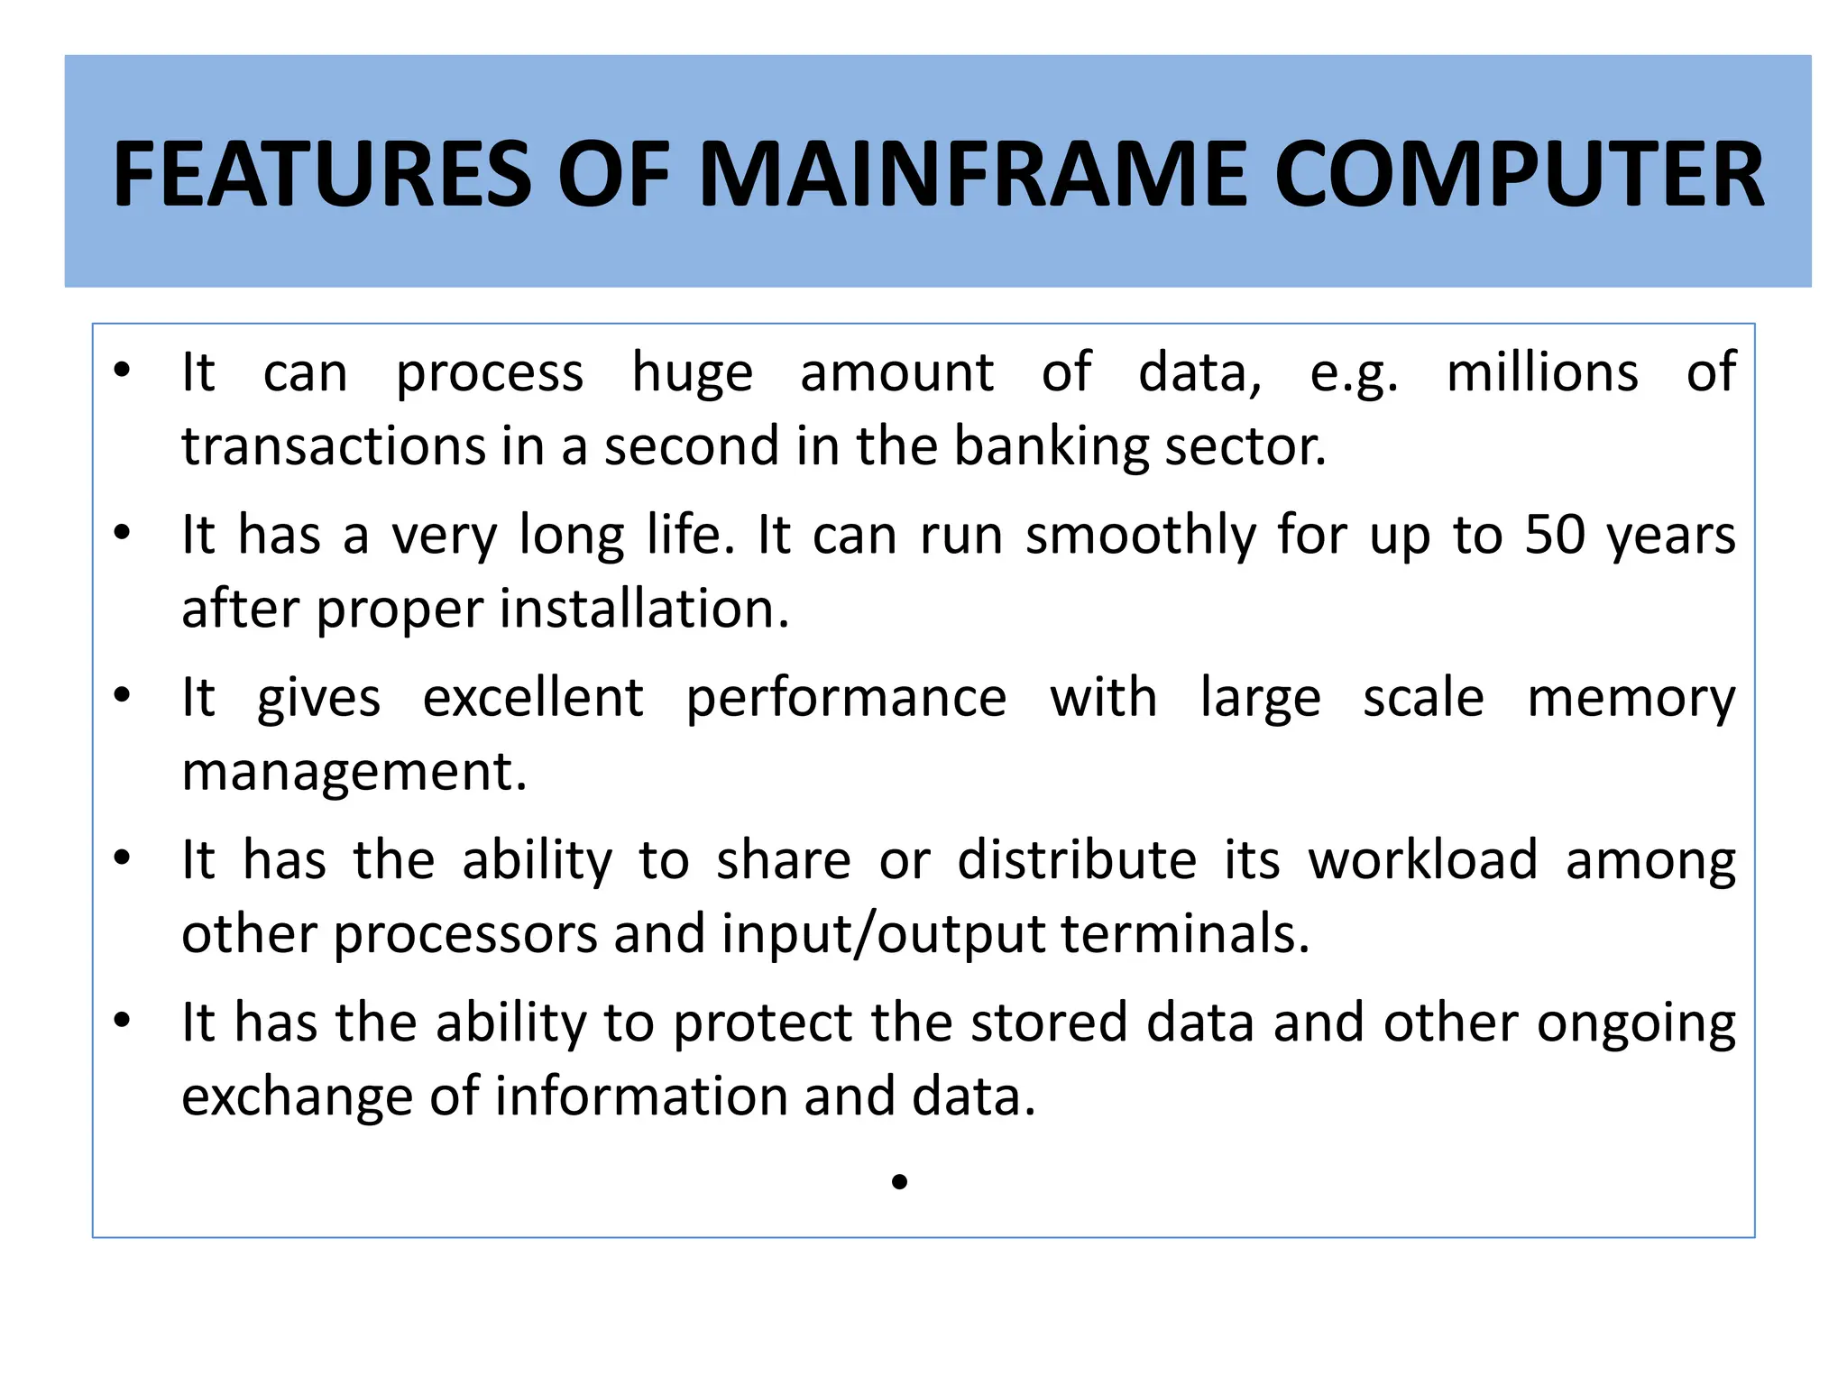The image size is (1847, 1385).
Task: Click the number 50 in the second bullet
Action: pos(1555,535)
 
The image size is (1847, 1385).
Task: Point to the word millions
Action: pos(1542,372)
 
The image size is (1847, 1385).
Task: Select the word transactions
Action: pos(346,447)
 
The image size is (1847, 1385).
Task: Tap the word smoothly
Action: pos(1141,537)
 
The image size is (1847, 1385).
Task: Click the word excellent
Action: pos(533,697)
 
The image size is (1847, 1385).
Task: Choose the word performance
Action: pos(846,699)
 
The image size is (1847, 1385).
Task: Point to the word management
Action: pos(354,773)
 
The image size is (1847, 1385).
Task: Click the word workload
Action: pos(1423,859)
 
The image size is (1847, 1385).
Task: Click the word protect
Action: pos(763,1024)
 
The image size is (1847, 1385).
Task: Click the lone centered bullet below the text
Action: pos(899,1181)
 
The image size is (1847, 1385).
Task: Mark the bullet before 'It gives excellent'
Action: pos(123,695)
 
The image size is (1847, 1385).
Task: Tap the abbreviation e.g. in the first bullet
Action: pos(1354,374)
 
